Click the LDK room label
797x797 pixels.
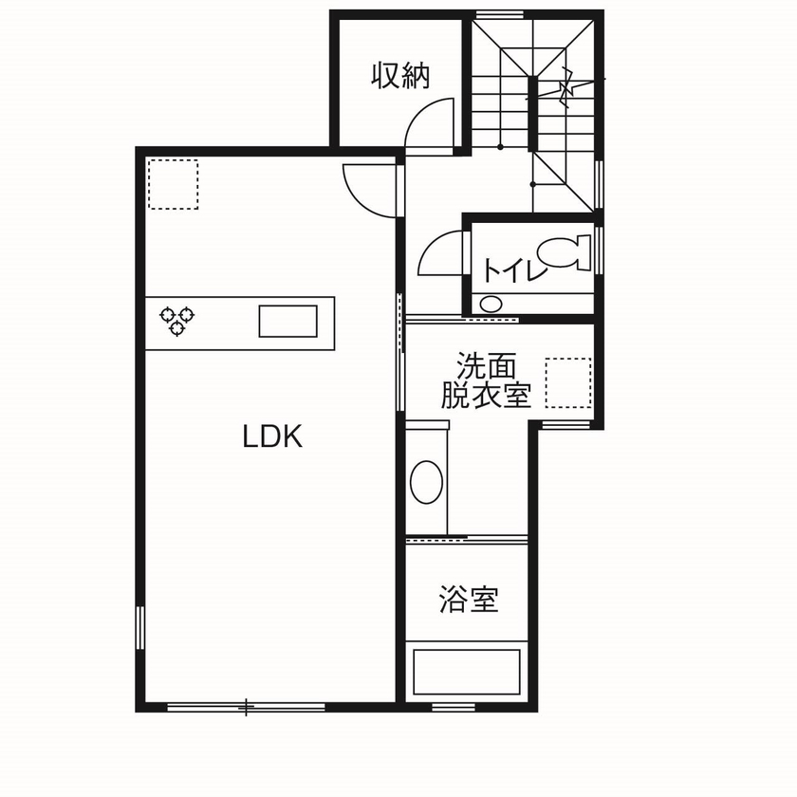pyautogui.click(x=272, y=437)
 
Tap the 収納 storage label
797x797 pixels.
pyautogui.click(x=400, y=76)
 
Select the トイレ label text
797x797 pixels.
pyautogui.click(x=513, y=270)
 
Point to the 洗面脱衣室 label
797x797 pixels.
pyautogui.click(x=486, y=380)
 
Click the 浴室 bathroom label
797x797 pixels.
pyautogui.click(x=469, y=600)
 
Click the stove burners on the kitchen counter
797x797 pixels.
pyautogui.click(x=176, y=320)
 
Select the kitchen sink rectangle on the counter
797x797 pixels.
pyautogui.click(x=288, y=321)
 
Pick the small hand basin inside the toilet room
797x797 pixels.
pyautogui.click(x=491, y=305)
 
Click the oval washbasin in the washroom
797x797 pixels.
pyautogui.click(x=426, y=483)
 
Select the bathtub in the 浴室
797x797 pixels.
pyautogui.click(x=467, y=672)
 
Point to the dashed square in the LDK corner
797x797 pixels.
pyautogui.click(x=173, y=184)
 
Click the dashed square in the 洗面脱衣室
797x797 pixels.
pyautogui.click(x=568, y=382)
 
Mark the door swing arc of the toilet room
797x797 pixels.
pyautogui.click(x=438, y=251)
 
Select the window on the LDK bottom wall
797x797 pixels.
pyautogui.click(x=246, y=707)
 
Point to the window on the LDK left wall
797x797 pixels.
pyautogui.click(x=140, y=627)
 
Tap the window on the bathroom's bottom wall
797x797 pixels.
pyautogui.click(x=454, y=707)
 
